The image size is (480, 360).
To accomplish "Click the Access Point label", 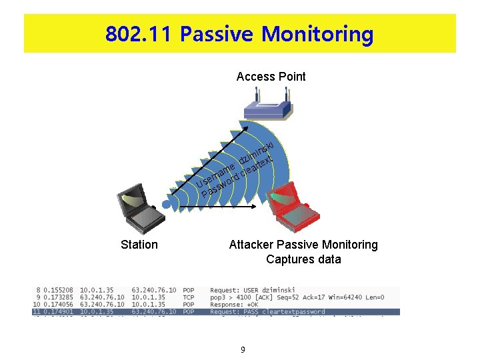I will [x=271, y=77].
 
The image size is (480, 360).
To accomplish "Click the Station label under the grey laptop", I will [x=139, y=245].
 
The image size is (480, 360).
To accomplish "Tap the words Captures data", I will [x=303, y=259].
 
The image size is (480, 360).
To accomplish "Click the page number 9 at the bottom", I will [x=243, y=349].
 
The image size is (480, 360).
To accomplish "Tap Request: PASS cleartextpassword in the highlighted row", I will [x=267, y=311].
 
